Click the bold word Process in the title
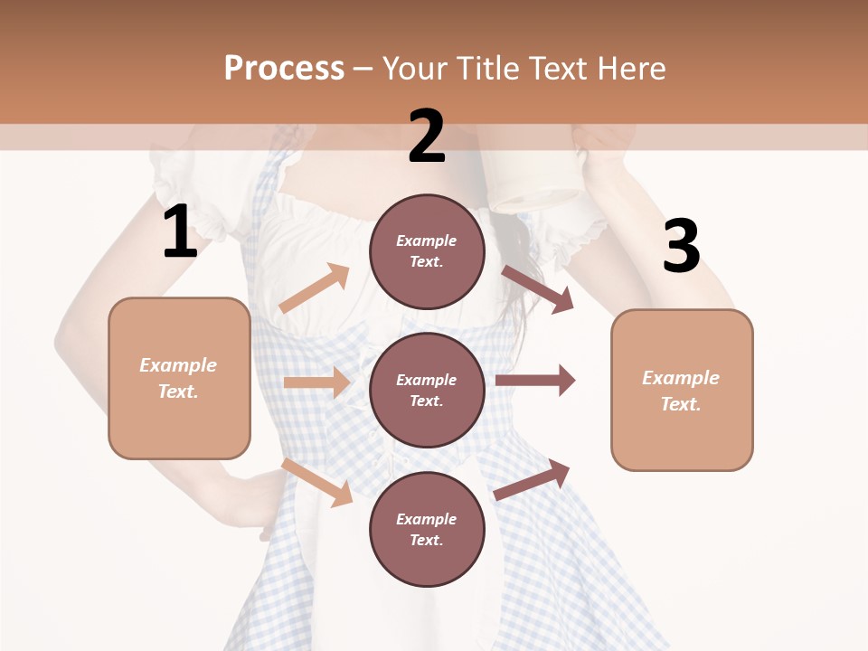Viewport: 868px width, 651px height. [284, 69]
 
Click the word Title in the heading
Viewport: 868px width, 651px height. [489, 69]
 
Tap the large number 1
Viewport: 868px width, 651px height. [180, 233]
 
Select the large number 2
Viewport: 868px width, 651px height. [427, 137]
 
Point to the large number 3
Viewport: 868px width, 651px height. [681, 247]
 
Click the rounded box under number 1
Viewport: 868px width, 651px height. [179, 378]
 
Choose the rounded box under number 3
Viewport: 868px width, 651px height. [682, 391]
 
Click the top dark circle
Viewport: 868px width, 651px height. [427, 251]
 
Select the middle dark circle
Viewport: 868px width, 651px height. [427, 391]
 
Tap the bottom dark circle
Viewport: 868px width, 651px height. [427, 529]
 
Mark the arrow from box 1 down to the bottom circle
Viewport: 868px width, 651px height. [317, 481]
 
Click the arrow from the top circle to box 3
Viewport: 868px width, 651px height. [537, 288]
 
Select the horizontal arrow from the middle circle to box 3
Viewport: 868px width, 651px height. [535, 381]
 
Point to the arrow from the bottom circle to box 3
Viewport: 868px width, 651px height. [532, 480]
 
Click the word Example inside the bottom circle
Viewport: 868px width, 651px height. [427, 519]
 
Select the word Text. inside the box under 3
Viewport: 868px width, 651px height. [681, 404]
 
